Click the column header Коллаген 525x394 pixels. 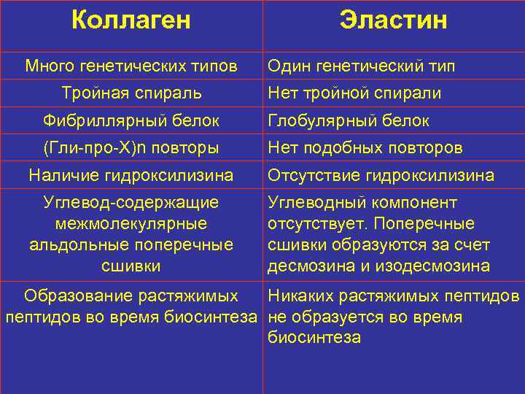(131, 20)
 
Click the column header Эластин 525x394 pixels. (393, 20)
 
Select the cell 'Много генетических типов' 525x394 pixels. (131, 66)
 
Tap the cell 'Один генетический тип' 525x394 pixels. (362, 66)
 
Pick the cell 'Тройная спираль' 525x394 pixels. (131, 93)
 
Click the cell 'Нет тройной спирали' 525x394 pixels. (354, 93)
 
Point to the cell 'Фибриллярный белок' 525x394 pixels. (131, 120)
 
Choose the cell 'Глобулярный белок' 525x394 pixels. (349, 120)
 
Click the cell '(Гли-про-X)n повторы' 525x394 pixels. (131, 148)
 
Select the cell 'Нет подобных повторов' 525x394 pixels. (365, 148)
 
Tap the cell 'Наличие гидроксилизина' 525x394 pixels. (131, 176)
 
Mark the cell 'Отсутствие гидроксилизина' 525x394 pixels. (381, 176)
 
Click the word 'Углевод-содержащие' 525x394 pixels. (131, 202)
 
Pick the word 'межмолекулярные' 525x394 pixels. (131, 223)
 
